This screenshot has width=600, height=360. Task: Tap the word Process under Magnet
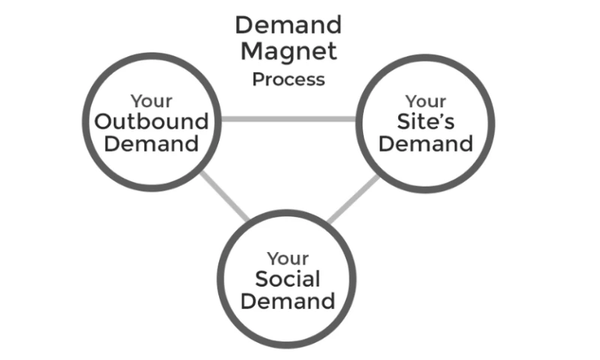tap(289, 79)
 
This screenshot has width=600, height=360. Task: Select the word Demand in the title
tap(289, 25)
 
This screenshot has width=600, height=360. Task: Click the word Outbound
tap(151, 121)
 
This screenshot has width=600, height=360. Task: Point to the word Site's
tap(426, 121)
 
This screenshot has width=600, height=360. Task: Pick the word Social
tap(288, 280)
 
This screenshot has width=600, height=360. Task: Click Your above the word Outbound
tap(151, 100)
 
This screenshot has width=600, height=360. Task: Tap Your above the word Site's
tap(426, 100)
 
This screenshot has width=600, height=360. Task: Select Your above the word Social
tap(288, 259)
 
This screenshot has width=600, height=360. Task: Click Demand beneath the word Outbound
tap(151, 143)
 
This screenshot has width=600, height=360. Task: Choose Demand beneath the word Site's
tap(426, 143)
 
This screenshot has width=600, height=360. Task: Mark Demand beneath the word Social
tap(288, 301)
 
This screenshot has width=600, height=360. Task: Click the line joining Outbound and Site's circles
tap(289, 118)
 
